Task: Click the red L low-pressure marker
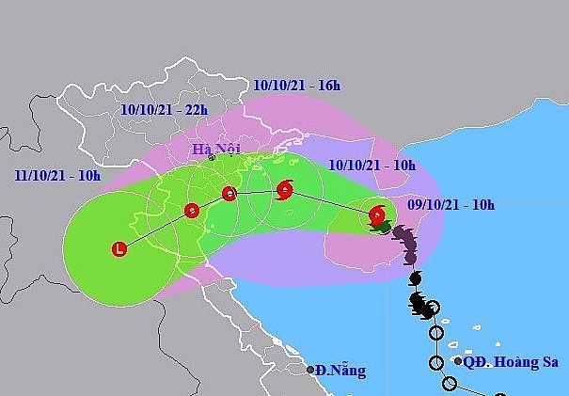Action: [x=119, y=249]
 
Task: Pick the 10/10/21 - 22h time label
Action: [x=165, y=109]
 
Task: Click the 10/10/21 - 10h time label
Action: [x=372, y=165]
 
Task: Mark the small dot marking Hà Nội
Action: [x=212, y=158]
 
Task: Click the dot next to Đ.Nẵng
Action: [x=310, y=370]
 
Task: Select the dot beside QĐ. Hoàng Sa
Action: [x=457, y=360]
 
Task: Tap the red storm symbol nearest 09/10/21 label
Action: [x=377, y=214]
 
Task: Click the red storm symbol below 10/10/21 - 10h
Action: [x=285, y=191]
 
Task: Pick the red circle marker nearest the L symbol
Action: [x=192, y=210]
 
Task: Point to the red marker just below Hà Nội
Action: [x=229, y=195]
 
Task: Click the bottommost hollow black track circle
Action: [x=450, y=384]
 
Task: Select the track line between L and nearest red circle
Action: [x=156, y=229]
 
